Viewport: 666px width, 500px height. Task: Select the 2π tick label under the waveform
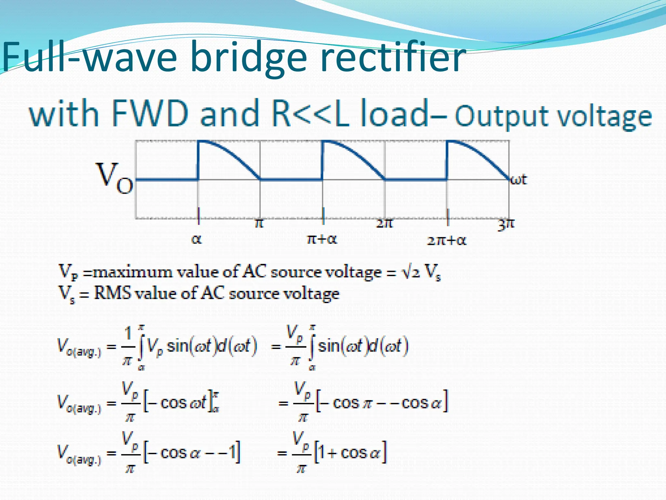click(384, 223)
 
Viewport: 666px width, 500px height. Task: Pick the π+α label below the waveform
click(322, 240)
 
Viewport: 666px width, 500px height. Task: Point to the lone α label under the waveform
click(196, 240)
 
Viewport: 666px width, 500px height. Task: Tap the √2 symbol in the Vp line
click(411, 271)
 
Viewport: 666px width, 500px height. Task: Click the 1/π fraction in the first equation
click(127, 346)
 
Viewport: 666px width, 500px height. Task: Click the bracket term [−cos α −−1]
click(192, 452)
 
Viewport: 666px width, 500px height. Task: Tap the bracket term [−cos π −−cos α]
click(382, 403)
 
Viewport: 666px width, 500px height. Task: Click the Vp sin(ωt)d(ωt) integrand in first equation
click(202, 346)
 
